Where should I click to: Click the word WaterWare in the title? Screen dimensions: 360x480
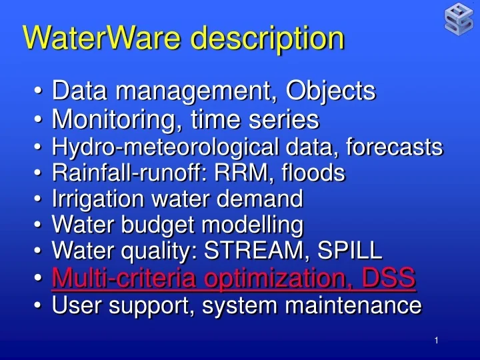[91, 38]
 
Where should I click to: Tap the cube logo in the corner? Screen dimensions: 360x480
[459, 18]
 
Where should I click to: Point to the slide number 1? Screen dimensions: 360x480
[436, 341]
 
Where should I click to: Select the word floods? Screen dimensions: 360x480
[312, 173]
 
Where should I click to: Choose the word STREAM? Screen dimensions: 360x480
[246, 251]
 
